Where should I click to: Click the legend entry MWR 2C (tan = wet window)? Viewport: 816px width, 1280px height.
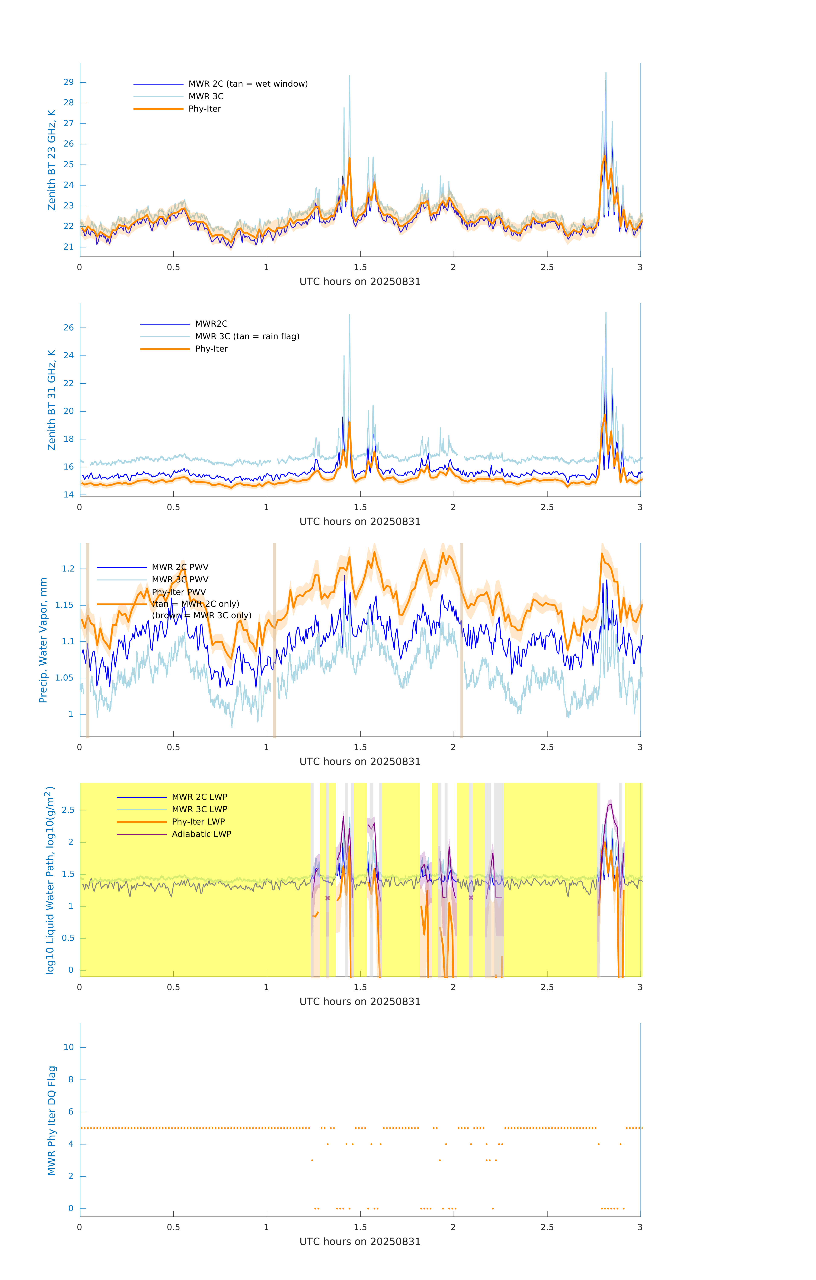tap(248, 84)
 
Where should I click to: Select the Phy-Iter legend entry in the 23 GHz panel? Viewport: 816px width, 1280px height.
tap(205, 109)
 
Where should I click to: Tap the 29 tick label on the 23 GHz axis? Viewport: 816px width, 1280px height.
tap(68, 82)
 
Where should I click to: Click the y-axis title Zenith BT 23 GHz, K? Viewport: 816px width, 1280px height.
tap(52, 160)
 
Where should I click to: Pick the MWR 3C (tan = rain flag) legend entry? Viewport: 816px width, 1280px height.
tap(247, 336)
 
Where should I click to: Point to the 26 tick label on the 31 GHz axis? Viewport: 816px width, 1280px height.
tap(68, 328)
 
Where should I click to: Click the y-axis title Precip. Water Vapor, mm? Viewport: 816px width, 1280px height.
tap(43, 640)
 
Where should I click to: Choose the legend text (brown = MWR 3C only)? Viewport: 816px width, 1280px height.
tap(201, 615)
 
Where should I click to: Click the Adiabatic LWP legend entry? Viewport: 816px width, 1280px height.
tap(201, 834)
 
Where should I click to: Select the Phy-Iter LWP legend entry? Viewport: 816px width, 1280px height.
tap(198, 822)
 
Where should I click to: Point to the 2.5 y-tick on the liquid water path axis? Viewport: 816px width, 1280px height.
tap(68, 810)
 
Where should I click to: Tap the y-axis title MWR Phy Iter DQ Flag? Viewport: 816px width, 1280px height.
tap(52, 1120)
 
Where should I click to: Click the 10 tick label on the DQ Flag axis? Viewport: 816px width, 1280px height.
tap(68, 1047)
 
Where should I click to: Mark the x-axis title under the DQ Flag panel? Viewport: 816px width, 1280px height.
tap(360, 1242)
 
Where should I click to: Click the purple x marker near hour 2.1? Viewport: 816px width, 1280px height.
tap(471, 898)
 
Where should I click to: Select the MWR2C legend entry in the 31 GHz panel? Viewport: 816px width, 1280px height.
tap(211, 324)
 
